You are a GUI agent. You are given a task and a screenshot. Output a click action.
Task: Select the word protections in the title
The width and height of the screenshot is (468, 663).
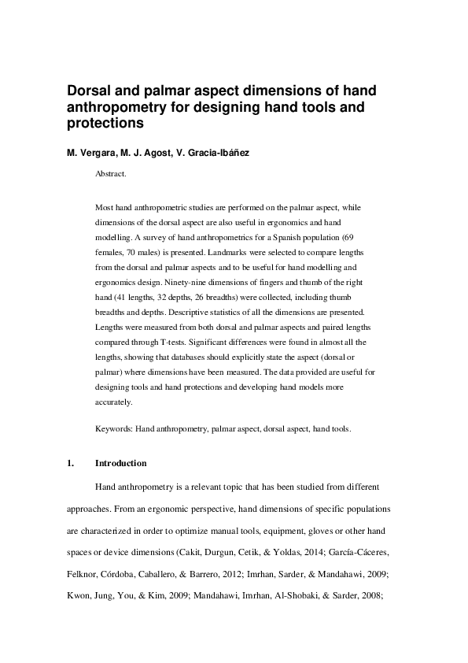[105, 124]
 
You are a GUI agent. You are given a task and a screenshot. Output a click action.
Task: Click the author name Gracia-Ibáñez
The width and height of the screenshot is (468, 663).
[217, 152]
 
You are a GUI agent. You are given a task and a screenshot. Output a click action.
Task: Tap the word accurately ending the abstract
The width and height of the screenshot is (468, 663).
[113, 402]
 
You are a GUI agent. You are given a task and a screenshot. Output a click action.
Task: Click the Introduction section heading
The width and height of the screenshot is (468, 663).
[120, 463]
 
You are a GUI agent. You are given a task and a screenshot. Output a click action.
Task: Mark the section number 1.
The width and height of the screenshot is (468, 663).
[70, 463]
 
